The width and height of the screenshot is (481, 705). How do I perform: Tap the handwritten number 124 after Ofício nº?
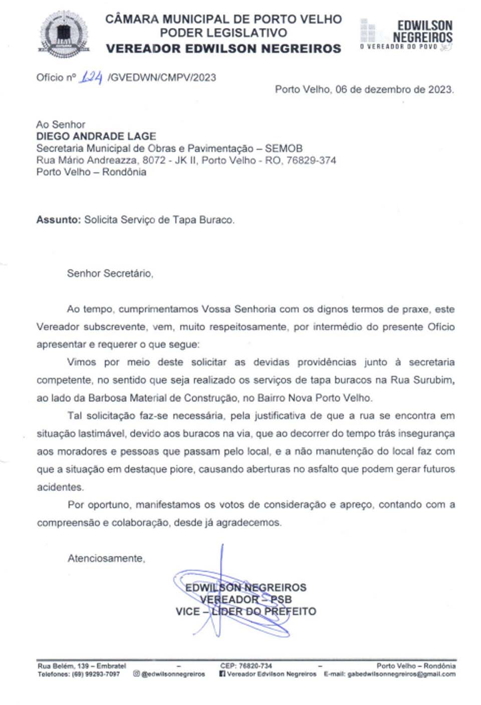[x=91, y=77]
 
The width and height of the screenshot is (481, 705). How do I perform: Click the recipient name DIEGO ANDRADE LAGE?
[x=96, y=136]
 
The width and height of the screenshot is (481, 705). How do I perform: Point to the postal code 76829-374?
[x=311, y=160]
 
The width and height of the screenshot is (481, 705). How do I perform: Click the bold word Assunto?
[x=58, y=220]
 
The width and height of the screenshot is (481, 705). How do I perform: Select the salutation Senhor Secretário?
[x=110, y=273]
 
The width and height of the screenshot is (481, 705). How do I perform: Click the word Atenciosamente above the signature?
[x=106, y=558]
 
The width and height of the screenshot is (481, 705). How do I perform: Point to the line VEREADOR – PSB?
[x=246, y=599]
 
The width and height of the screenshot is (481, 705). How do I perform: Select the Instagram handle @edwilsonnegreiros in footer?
[x=173, y=674]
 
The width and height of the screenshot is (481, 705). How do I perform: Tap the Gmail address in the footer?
[x=401, y=674]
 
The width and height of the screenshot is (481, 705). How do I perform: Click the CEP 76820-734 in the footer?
[x=255, y=666]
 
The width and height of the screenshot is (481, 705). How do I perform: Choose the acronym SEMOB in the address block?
[x=284, y=148]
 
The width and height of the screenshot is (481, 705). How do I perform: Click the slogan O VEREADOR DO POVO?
[x=399, y=47]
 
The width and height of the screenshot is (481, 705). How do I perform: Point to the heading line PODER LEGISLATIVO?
[x=223, y=33]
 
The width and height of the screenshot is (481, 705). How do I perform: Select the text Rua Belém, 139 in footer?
[x=63, y=666]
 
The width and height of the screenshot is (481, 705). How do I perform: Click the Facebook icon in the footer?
[x=222, y=674]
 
